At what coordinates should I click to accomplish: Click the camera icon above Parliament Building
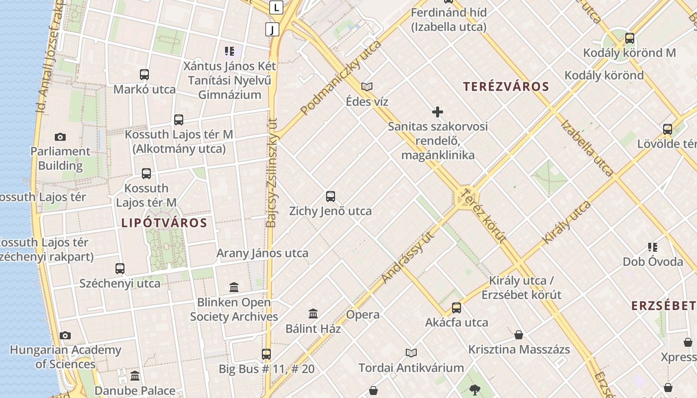(x=60, y=137)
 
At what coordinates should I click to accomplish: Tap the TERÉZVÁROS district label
(x=506, y=87)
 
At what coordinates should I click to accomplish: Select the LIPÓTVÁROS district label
(x=164, y=222)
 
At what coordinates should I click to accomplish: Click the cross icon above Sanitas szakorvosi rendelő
(x=438, y=112)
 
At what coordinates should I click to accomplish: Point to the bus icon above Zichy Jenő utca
(x=331, y=196)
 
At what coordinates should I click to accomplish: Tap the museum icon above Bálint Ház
(x=313, y=314)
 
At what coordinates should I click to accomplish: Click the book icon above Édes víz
(x=367, y=87)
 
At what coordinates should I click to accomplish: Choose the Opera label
(x=363, y=314)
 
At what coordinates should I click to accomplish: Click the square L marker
(x=276, y=7)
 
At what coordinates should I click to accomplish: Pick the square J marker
(x=272, y=29)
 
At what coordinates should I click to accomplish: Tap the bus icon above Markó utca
(x=144, y=75)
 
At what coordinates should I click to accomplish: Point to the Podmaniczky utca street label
(x=341, y=78)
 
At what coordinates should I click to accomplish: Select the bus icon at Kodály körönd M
(x=630, y=38)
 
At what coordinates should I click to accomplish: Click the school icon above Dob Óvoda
(x=653, y=247)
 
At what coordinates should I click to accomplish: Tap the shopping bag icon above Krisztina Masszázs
(x=519, y=334)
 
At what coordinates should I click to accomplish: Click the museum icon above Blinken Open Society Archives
(x=234, y=287)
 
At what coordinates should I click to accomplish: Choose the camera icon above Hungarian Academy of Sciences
(x=65, y=335)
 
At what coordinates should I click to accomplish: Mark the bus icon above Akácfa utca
(x=457, y=308)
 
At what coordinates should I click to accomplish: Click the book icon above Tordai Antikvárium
(x=411, y=353)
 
